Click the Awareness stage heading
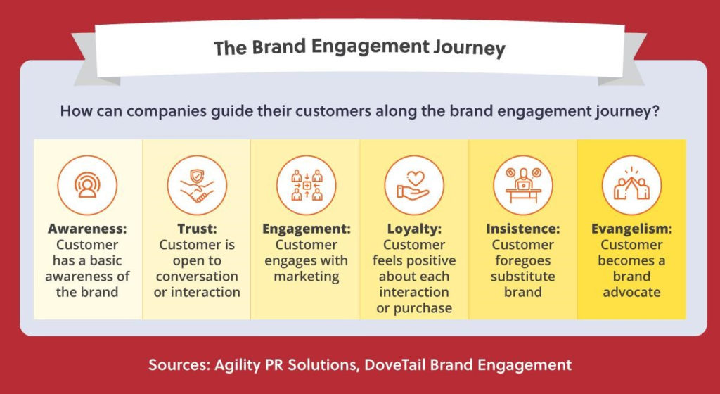pos(87,229)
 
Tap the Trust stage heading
pos(197,229)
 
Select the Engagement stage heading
pos(307,229)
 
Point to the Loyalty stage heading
pos(414,229)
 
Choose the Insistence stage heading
pos(523,229)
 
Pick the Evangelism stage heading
pos(632,229)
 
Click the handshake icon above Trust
pos(197,185)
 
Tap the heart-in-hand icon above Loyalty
pos(414,185)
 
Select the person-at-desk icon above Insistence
pos(523,185)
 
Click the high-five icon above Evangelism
pos(632,185)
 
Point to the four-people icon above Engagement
pos(307,185)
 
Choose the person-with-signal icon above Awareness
pos(87,185)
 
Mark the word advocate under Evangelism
pos(632,292)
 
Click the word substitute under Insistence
pos(523,277)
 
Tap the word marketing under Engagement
pos(307,277)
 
